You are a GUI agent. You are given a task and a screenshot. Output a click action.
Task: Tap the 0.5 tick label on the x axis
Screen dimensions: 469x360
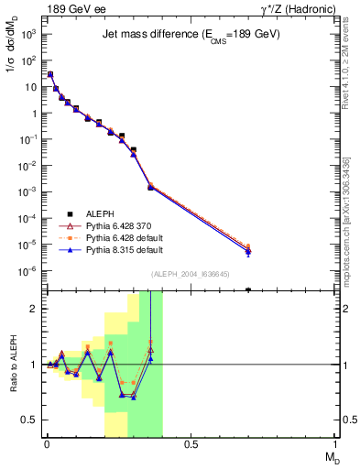(x=191, y=444)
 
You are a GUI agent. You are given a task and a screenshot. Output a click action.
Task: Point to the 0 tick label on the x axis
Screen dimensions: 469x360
(x=46, y=444)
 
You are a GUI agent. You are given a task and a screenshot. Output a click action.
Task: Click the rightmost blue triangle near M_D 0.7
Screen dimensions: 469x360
(x=248, y=252)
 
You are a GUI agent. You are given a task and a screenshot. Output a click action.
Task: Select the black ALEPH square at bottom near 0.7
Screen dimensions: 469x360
(x=248, y=289)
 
